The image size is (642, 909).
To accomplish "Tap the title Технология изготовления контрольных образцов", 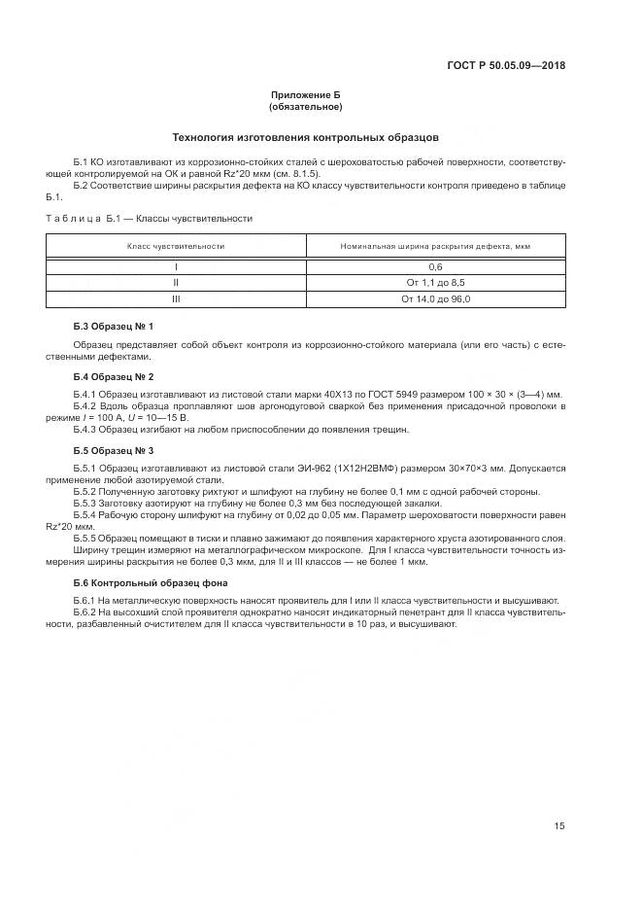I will point(305,137).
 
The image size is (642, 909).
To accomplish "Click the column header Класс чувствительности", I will point(176,246).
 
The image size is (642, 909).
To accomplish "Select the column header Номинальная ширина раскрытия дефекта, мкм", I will point(435,246).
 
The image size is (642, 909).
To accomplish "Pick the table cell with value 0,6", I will point(435,266).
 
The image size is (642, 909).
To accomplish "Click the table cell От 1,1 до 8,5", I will point(435,282).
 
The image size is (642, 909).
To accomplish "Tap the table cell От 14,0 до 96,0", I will point(435,298).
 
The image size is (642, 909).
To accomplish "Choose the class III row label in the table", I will point(176,298).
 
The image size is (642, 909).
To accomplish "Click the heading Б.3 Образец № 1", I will point(114,325).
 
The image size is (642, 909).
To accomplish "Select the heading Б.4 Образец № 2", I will point(114,375).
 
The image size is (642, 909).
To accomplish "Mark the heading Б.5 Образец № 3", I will point(114,450).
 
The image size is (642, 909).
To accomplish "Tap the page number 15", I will point(559,826).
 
